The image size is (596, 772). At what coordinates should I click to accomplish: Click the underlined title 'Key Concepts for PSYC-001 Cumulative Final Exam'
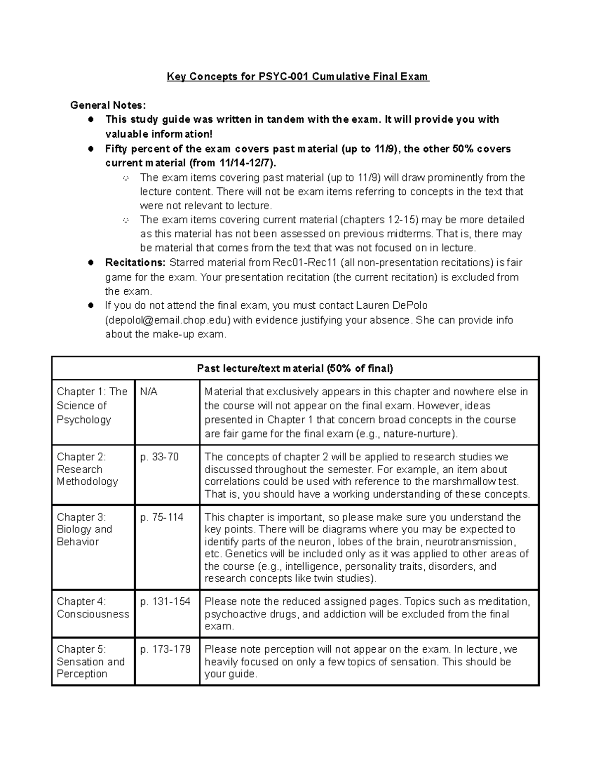click(298, 77)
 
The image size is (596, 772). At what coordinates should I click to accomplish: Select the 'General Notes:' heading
click(108, 105)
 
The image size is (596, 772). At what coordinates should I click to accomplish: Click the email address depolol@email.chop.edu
click(167, 320)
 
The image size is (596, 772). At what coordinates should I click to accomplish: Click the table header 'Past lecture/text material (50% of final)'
click(295, 368)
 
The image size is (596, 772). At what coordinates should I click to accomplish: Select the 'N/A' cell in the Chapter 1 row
click(149, 392)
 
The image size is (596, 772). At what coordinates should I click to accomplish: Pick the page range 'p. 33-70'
click(159, 457)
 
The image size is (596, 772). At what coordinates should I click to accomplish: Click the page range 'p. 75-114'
click(162, 517)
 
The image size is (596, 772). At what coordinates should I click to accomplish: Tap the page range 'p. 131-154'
click(165, 601)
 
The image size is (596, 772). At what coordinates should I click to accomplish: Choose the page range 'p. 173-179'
click(165, 649)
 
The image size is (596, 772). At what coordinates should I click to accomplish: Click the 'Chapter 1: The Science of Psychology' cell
click(92, 406)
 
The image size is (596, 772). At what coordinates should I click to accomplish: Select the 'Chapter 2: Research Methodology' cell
click(87, 469)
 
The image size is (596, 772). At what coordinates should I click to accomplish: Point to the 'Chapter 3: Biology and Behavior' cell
click(84, 529)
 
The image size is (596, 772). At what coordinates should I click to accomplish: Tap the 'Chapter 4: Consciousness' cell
click(92, 607)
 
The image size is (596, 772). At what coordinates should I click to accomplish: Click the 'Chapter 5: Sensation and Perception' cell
click(90, 662)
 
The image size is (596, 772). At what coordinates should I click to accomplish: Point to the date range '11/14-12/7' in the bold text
click(245, 163)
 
